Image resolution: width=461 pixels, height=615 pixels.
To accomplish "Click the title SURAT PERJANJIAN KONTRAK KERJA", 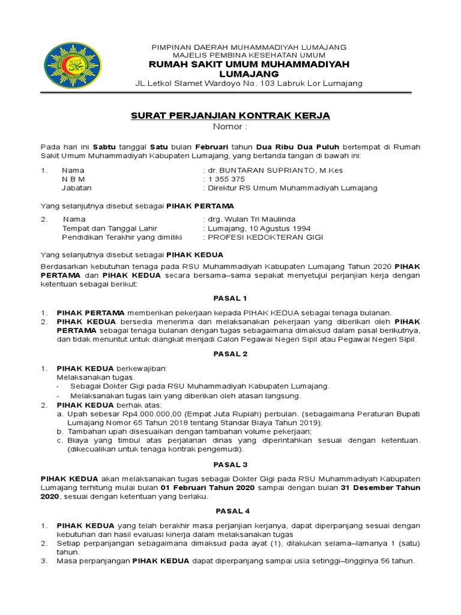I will (x=230, y=116).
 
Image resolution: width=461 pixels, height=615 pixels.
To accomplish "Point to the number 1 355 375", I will (x=226, y=179).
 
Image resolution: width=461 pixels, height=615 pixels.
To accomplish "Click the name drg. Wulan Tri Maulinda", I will (x=252, y=219).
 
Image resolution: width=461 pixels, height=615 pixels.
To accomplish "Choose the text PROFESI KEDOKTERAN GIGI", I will (x=265, y=237).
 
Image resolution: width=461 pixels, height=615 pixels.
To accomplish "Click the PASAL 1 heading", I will (x=230, y=298).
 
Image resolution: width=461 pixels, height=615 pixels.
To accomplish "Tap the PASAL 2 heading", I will (x=230, y=354).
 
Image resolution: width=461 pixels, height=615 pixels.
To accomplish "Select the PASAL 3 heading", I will (x=230, y=465).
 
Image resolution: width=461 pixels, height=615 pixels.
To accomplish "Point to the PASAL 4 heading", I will (x=230, y=511).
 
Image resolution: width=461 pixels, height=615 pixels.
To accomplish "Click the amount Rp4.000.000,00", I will (x=151, y=414).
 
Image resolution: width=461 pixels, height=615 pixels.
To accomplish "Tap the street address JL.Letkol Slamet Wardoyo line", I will (x=249, y=83).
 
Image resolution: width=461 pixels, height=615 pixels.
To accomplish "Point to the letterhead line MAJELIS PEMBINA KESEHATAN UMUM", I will (x=248, y=55).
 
